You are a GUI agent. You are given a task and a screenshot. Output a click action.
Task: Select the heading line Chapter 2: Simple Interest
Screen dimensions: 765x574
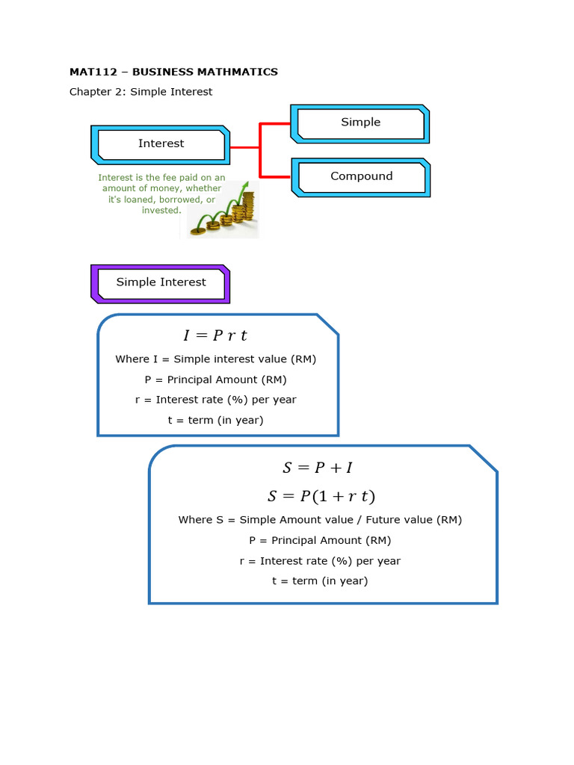[x=141, y=92]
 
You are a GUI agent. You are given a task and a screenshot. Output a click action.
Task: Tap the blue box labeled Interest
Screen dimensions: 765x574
[x=161, y=143]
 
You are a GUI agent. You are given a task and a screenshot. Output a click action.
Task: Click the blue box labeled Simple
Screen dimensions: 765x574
[x=360, y=123]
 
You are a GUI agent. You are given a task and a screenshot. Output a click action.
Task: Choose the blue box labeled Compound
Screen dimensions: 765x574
[x=361, y=176]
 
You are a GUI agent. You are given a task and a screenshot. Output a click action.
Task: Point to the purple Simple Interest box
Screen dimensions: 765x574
[x=161, y=282]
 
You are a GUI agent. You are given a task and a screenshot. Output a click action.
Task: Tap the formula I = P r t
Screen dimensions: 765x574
[x=215, y=335]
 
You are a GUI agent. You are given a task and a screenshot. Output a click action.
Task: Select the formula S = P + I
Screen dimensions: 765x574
[x=318, y=468]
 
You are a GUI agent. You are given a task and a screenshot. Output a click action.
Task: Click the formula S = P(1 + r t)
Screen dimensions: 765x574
[x=321, y=496]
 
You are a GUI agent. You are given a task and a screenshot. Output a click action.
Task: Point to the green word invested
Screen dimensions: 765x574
[x=161, y=211]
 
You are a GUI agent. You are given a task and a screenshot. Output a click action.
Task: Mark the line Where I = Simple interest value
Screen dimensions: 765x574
[x=215, y=359]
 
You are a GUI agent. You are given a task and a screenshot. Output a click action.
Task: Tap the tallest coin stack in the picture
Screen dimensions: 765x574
[x=247, y=207]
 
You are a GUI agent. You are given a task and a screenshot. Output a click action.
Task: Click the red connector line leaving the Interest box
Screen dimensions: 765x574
[x=244, y=148]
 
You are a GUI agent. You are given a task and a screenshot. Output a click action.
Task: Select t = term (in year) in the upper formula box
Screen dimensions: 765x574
[x=215, y=420]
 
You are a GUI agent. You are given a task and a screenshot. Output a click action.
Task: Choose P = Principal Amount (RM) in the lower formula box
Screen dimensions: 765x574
[x=320, y=540]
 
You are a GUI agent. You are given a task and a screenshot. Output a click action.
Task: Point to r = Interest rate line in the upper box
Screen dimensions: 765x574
[x=215, y=400]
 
